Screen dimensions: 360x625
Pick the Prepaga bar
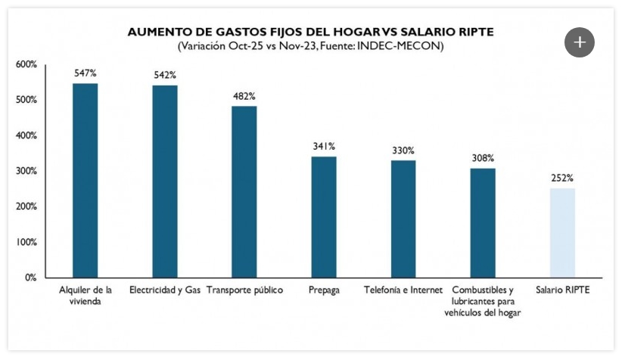coord(324,217)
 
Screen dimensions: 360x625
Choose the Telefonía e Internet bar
coord(403,219)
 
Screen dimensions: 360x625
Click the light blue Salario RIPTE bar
coord(562,233)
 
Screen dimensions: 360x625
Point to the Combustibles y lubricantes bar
coord(483,222)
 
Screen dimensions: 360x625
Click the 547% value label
coord(85,73)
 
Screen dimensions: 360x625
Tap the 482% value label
coord(244,97)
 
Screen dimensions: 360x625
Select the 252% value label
coord(562,178)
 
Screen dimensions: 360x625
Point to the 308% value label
coord(483,158)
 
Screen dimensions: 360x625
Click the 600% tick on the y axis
coord(26,65)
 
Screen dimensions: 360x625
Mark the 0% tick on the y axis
coord(30,278)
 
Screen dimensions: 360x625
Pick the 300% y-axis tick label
coord(26,171)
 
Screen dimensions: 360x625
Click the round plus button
coord(580,42)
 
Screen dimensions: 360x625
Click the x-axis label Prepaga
coord(324,290)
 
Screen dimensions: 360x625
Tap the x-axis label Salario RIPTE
coord(562,290)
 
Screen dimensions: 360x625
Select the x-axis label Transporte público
coord(244,290)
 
